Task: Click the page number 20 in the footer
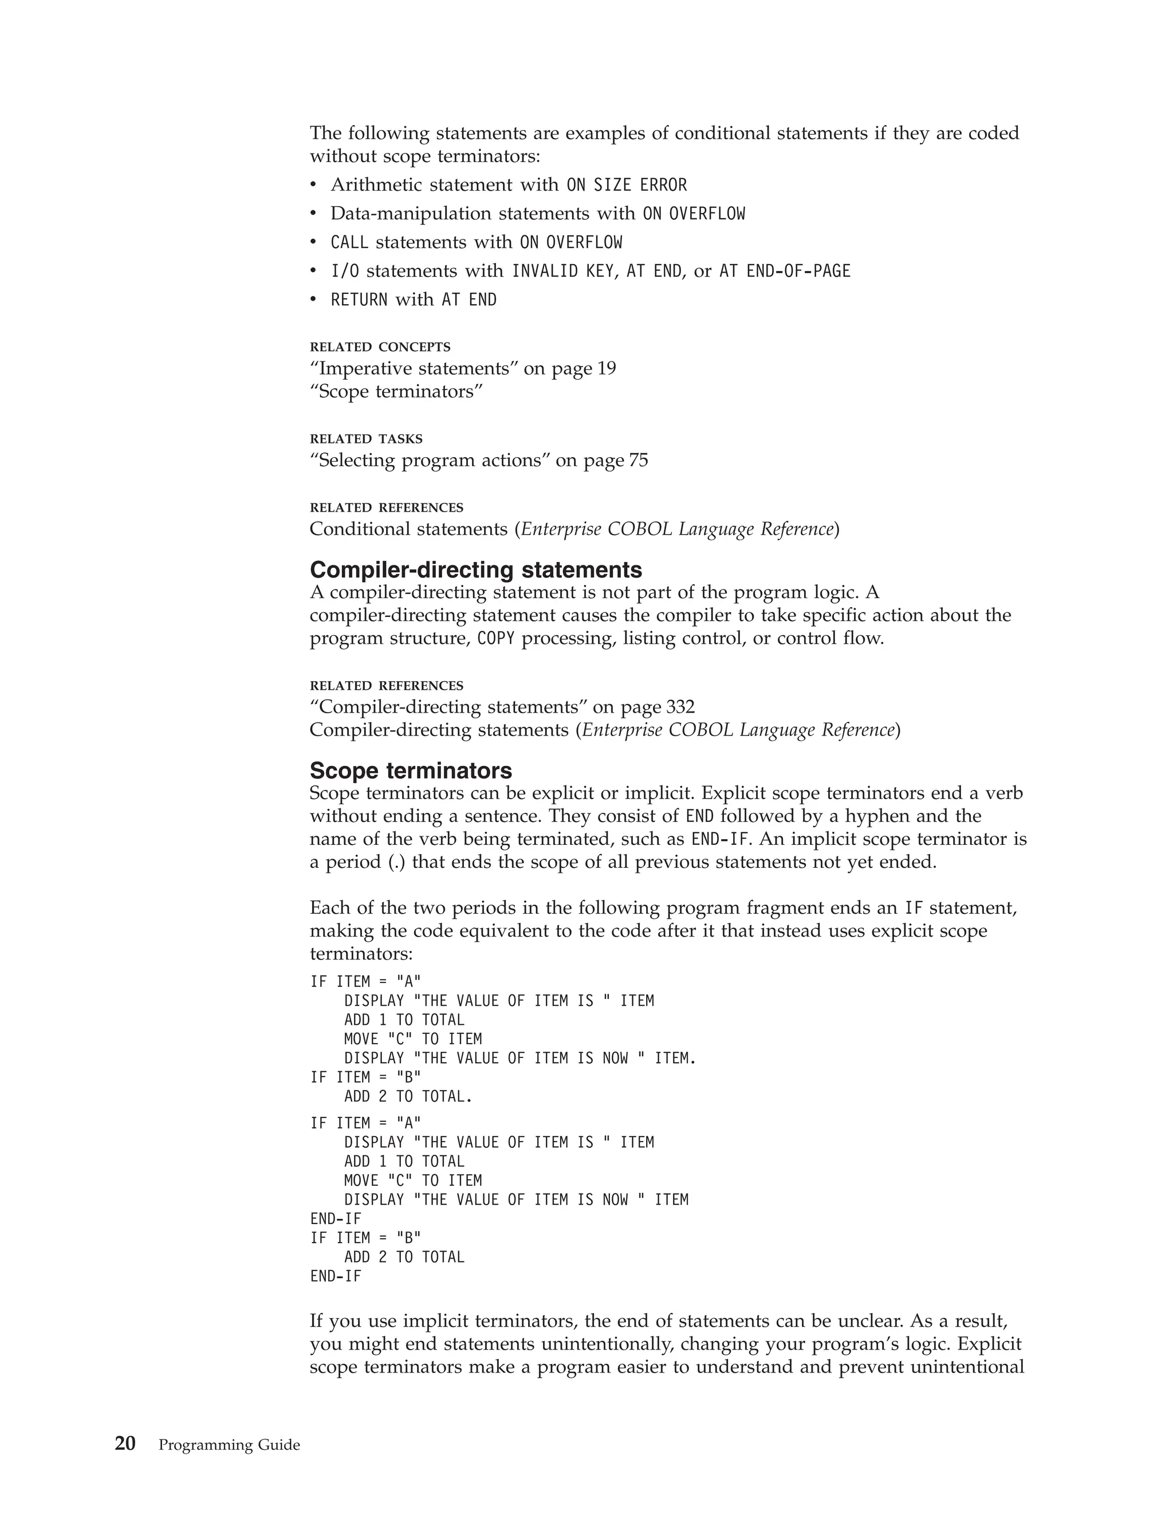[125, 1444]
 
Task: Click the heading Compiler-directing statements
[475, 570]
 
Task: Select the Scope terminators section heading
[411, 771]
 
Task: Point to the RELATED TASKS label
[365, 439]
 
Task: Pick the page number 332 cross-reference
[680, 707]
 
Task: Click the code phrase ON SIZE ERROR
[626, 185]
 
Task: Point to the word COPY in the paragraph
[495, 639]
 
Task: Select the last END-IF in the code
[336, 1276]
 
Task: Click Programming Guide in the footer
[229, 1445]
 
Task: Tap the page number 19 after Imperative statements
[606, 368]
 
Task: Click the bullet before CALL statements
[313, 242]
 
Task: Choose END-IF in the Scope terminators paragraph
[721, 840]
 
